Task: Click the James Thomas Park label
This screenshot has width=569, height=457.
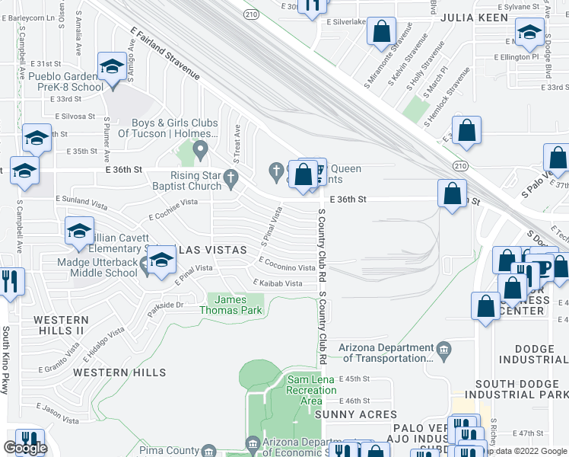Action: (x=231, y=305)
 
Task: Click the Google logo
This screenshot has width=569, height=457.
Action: (x=26, y=448)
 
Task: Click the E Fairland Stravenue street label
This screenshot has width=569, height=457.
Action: (x=165, y=53)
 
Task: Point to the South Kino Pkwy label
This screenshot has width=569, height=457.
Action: (x=5, y=360)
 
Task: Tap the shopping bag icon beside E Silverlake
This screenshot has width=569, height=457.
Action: (x=383, y=34)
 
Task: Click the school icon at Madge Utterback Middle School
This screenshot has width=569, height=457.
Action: (x=161, y=262)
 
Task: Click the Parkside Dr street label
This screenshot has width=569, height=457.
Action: (x=166, y=305)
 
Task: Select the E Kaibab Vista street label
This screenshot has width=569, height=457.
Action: (x=278, y=283)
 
